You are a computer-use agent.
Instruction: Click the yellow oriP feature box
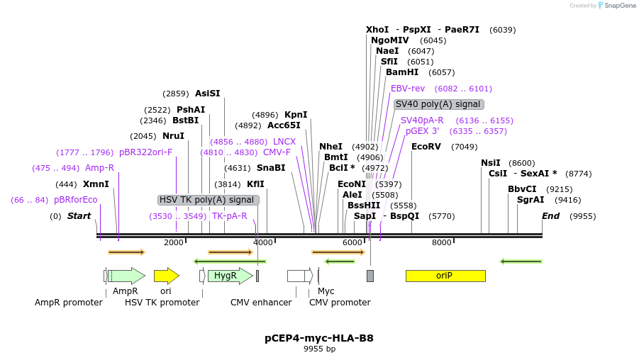(445, 276)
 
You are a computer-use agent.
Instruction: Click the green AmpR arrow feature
(126, 276)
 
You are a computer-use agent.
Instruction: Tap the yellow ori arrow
(166, 276)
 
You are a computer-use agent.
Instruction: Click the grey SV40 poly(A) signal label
(439, 104)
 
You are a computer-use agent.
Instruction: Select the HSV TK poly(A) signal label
(208, 200)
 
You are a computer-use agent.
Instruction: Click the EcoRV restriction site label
(426, 147)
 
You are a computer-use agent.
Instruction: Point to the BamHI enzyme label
(402, 72)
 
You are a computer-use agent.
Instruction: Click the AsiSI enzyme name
(208, 94)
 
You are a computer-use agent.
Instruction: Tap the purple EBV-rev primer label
(408, 89)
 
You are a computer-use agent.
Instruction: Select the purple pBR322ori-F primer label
(145, 152)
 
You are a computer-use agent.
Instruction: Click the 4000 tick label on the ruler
(263, 243)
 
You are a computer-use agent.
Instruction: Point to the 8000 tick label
(442, 243)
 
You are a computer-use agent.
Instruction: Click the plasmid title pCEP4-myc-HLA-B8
(319, 338)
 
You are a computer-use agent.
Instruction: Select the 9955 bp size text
(319, 349)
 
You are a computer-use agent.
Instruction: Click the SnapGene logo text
(620, 6)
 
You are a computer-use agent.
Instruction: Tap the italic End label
(550, 216)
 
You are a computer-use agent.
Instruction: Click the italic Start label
(79, 216)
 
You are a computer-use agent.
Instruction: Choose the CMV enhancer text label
(261, 303)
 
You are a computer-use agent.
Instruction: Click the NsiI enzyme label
(491, 163)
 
